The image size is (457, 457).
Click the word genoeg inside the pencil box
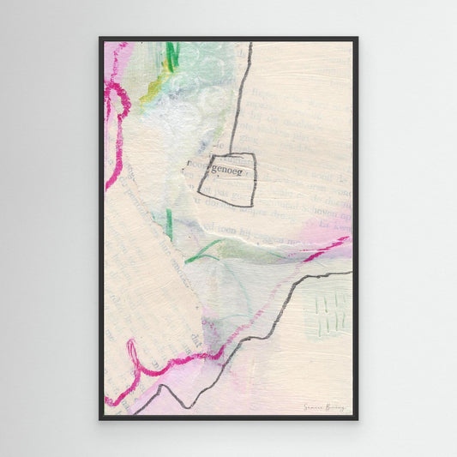(x=228, y=172)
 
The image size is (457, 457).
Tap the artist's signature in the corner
(x=323, y=407)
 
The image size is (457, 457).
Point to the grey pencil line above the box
(x=241, y=94)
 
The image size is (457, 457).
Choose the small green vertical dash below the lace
(x=170, y=225)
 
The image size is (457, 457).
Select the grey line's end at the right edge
(x=349, y=274)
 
